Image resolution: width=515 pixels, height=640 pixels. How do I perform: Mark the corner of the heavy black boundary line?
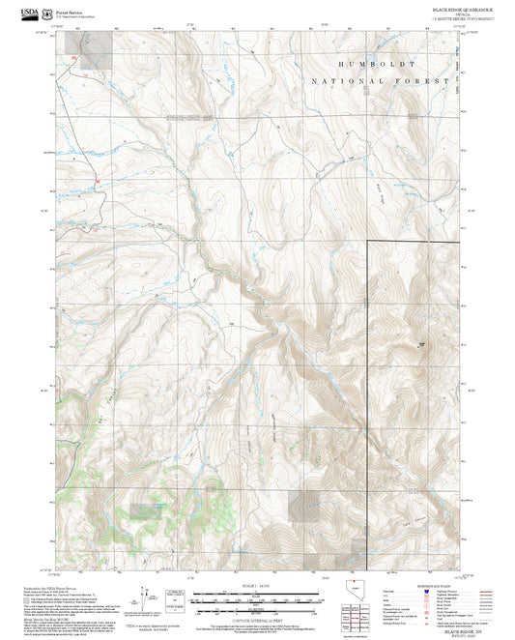(367, 240)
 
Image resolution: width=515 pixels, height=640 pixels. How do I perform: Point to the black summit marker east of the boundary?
(421, 343)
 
